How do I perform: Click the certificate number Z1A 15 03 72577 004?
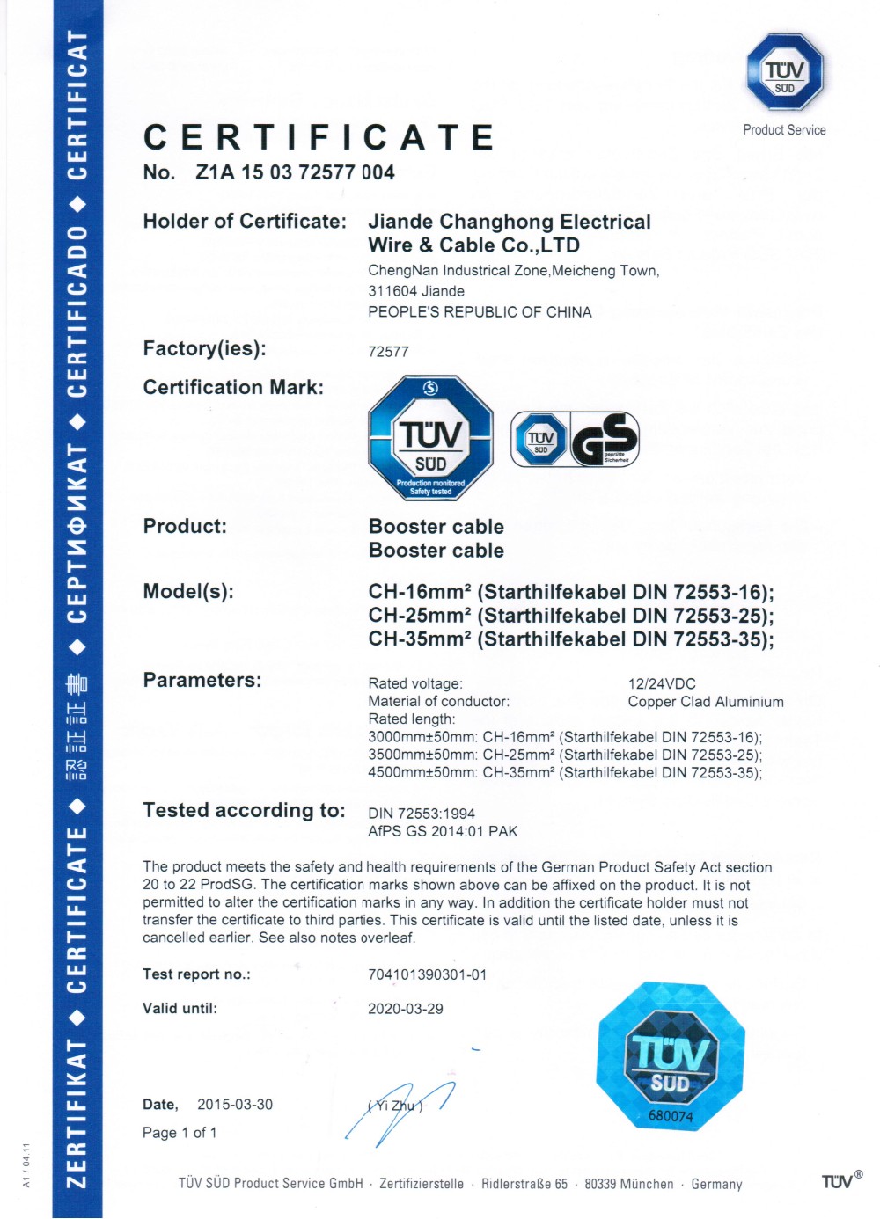(295, 172)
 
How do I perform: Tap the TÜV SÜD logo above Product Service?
(784, 72)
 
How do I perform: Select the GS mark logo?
(605, 439)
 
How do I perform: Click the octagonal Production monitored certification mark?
(430, 438)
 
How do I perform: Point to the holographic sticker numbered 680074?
(671, 1056)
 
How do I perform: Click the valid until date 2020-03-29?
(406, 1009)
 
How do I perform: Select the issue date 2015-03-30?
(235, 1105)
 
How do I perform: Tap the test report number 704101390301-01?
(427, 974)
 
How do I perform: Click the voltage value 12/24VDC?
(662, 684)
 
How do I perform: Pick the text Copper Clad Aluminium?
(706, 702)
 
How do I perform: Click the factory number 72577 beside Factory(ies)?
(388, 352)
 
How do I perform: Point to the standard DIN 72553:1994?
(422, 814)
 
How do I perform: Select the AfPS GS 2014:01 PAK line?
(443, 831)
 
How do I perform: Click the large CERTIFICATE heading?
(319, 137)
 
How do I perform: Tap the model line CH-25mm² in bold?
(570, 616)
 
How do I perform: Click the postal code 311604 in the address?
(390, 291)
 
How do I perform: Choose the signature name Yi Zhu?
(395, 1106)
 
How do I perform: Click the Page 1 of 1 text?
(180, 1133)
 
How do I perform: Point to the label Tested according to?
(244, 810)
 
